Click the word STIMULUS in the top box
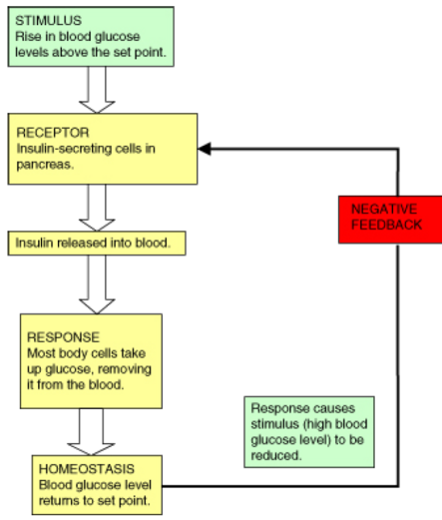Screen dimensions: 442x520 tap(48, 21)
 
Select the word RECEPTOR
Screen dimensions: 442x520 tap(53, 133)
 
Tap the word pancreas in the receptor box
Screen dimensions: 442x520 tap(45, 165)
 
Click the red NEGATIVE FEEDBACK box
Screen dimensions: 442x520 tap(390, 220)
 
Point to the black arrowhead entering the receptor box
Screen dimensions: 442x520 tap(205, 149)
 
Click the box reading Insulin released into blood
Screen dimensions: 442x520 tap(97, 244)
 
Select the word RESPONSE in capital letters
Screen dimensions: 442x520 tap(63, 337)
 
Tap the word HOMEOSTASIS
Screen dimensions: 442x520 tap(87, 469)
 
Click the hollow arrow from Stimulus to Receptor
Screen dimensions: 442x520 tap(97, 90)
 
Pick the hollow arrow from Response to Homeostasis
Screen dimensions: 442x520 tap(91, 432)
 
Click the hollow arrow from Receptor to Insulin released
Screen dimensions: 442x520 tap(97, 208)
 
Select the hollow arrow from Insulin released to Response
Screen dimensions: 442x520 tap(97, 284)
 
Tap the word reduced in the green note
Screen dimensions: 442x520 tap(276, 455)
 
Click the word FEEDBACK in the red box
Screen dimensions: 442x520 tap(386, 225)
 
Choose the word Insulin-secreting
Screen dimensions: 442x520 tap(64, 149)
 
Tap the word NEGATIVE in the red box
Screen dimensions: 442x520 tap(384, 209)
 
